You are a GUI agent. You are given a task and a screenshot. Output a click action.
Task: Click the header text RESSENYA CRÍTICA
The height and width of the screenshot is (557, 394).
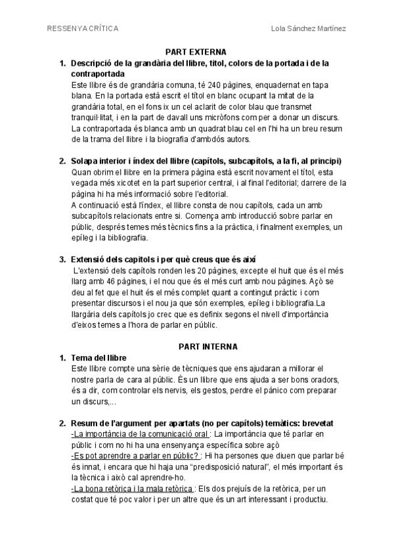83,28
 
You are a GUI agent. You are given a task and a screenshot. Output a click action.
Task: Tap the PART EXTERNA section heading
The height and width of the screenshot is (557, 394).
196,51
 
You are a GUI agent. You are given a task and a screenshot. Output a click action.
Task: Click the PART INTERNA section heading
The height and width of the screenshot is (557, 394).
209,346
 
